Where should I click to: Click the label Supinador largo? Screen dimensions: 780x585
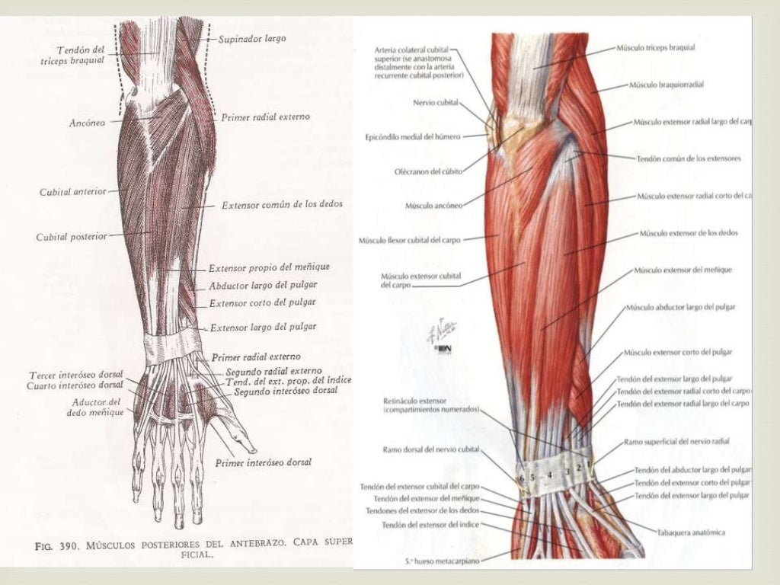251,38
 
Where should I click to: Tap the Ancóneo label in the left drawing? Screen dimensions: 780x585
86,121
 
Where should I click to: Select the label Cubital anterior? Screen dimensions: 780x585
73,193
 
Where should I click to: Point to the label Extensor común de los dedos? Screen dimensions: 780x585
282,205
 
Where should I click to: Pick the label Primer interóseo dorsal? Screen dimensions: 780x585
263,462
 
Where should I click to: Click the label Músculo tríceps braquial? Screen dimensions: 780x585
667,47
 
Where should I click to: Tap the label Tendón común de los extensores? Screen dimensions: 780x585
688,158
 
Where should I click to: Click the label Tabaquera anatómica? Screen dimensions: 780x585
691,531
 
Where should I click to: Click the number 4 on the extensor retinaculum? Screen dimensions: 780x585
548,475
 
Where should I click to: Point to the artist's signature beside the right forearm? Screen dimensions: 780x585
443,330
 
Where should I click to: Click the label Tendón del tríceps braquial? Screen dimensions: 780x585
82,55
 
